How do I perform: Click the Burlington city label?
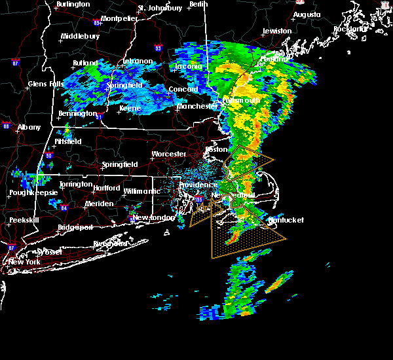(x=73, y=5)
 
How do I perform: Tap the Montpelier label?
(x=119, y=18)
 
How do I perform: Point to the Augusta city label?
(x=307, y=14)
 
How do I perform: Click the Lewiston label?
(x=277, y=31)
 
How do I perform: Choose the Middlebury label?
(x=80, y=37)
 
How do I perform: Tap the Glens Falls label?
(x=46, y=84)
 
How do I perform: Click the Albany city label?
(x=29, y=127)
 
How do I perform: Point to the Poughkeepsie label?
(x=32, y=193)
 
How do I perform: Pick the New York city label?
(x=24, y=262)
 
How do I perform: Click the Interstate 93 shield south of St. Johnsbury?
(x=158, y=48)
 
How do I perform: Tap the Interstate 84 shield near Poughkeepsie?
(x=64, y=208)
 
